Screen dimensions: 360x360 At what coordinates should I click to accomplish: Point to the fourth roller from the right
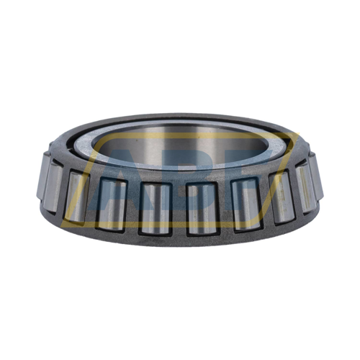(202, 209)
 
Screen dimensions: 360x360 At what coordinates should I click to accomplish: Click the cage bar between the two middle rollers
(179, 210)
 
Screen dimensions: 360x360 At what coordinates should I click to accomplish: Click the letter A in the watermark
(115, 173)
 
